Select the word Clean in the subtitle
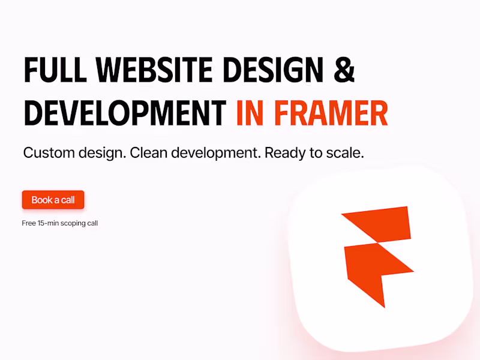pos(148,152)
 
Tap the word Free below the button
pos(29,223)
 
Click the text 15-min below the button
pos(48,223)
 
